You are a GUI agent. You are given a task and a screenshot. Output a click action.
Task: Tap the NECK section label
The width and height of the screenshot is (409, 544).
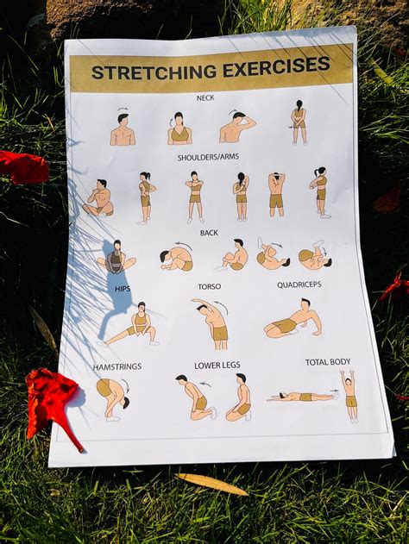[x=205, y=98]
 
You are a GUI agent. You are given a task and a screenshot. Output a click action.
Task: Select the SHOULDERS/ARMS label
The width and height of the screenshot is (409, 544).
[x=207, y=158]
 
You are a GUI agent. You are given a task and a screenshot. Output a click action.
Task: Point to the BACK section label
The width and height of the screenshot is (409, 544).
[x=209, y=233]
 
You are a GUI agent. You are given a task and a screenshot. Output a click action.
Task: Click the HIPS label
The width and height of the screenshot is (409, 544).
[x=123, y=289]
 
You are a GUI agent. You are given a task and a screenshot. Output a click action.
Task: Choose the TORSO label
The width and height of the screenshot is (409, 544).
[x=209, y=286]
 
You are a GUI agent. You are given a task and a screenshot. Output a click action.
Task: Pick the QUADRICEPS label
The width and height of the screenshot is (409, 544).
[x=299, y=285]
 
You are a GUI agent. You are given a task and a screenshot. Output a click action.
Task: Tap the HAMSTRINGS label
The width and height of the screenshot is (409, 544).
[x=117, y=366]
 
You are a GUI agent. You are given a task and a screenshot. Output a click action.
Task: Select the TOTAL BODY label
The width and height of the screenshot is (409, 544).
[x=328, y=362]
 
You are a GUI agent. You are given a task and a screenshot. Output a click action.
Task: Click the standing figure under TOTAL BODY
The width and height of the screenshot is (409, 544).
[x=349, y=395]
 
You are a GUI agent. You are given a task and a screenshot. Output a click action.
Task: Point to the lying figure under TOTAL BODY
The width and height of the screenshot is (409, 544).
[x=300, y=397]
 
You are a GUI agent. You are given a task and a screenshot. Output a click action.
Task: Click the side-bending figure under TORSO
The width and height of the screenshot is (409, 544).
[x=212, y=323]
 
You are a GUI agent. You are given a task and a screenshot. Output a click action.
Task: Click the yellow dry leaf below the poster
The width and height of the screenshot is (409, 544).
[x=211, y=485]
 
